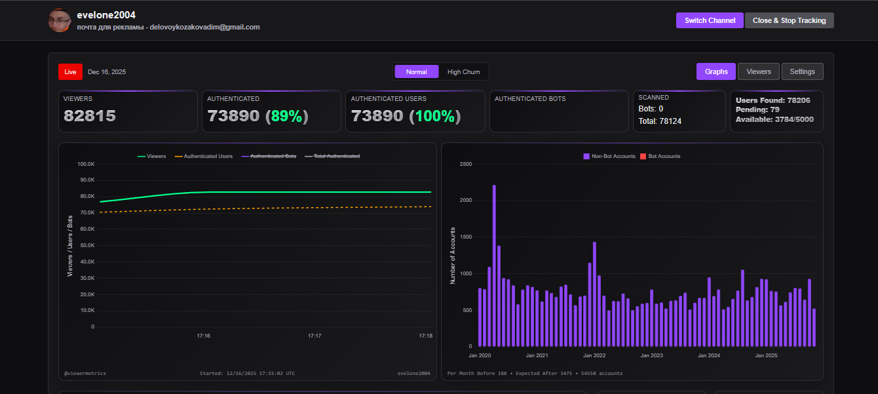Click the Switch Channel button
click(x=710, y=20)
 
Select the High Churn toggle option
click(x=463, y=71)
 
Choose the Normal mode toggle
click(x=416, y=71)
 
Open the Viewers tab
click(x=759, y=71)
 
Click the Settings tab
click(x=802, y=71)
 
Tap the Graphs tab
click(x=716, y=71)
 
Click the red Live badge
click(x=70, y=71)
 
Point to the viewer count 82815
click(x=90, y=116)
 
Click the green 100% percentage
click(x=435, y=116)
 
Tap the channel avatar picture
click(x=60, y=20)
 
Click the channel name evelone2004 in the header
click(x=106, y=15)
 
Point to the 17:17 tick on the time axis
click(x=315, y=336)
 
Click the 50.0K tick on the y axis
click(x=86, y=229)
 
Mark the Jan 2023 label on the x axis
click(x=652, y=355)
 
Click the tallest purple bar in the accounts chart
click(x=494, y=265)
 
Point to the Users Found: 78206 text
click(x=773, y=100)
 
